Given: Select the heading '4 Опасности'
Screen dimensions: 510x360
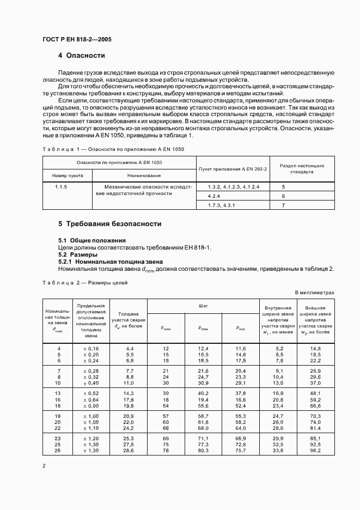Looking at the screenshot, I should [82, 56].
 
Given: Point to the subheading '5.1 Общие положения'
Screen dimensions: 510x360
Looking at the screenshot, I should [92, 240].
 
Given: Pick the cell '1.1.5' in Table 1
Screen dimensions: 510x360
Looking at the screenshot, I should [62, 187].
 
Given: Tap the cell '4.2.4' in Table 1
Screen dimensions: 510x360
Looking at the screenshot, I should [214, 196].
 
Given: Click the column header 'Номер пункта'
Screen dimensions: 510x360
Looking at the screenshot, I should [67, 175].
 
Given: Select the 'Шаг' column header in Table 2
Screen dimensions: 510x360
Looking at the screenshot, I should [203, 306].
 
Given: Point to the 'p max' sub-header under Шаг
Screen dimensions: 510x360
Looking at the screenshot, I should [203, 327].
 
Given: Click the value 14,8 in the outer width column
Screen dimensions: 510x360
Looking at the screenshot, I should [315, 348].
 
